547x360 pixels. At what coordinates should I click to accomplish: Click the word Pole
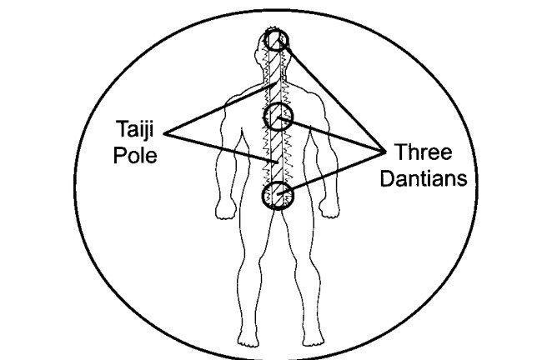[x=135, y=155]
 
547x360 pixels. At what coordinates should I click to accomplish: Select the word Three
[x=424, y=152]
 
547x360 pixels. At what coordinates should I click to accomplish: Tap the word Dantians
[x=424, y=178]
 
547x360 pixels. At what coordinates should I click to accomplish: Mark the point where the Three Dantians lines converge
[x=385, y=152]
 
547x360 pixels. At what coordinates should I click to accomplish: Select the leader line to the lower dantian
[x=331, y=172]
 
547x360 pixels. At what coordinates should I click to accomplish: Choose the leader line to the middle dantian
[x=331, y=135]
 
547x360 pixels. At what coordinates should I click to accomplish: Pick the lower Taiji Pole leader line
[x=221, y=147]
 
